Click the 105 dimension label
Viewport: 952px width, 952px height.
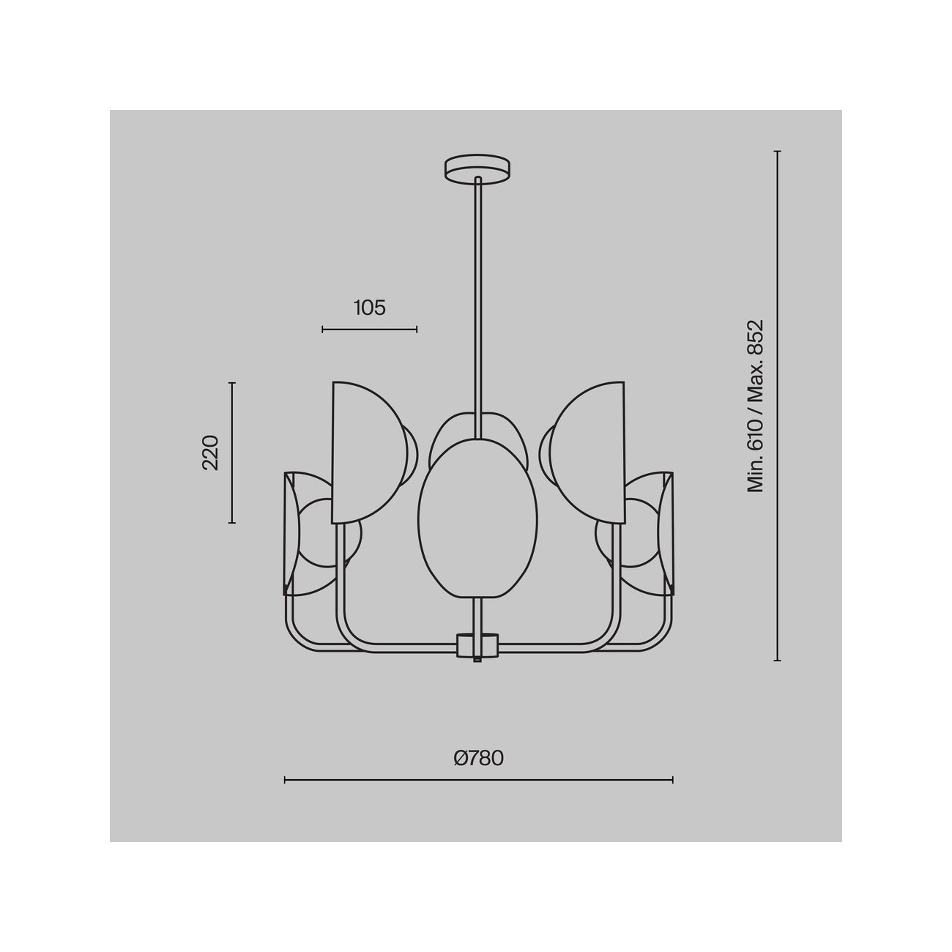coord(369,308)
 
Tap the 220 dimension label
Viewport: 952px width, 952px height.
coord(210,453)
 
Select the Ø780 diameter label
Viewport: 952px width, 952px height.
coord(479,771)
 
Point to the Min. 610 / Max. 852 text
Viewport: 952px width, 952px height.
coord(755,406)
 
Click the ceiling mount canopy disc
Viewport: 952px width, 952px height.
coord(477,169)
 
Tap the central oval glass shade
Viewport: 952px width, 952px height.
coord(477,518)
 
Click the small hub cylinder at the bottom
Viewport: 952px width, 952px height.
coord(477,645)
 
